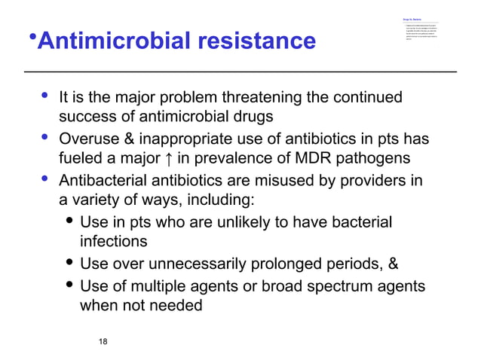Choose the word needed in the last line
(x=176, y=307)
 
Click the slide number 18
(x=103, y=343)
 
